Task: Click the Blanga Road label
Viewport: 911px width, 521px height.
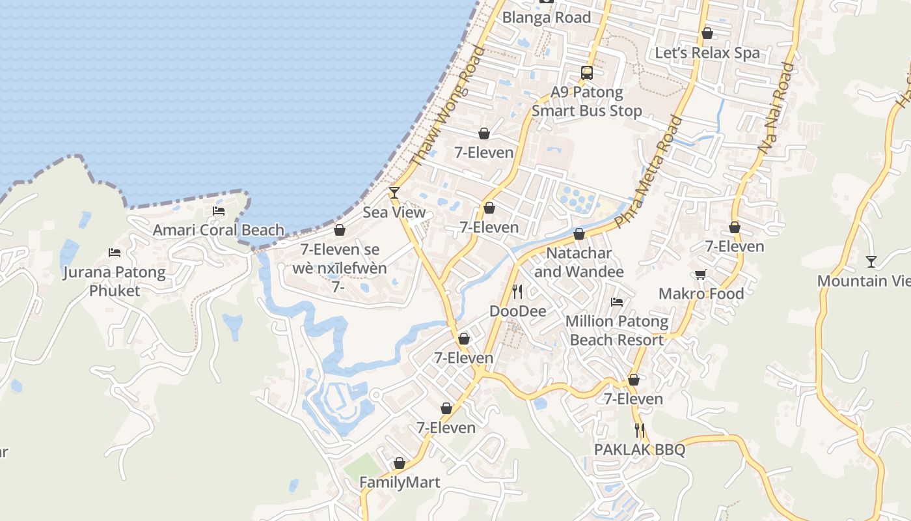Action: click(547, 18)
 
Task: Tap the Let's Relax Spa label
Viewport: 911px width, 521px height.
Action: click(707, 53)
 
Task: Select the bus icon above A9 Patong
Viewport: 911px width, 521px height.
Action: click(587, 72)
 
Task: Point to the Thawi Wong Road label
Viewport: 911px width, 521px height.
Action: click(448, 106)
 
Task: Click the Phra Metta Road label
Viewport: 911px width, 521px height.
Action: click(649, 172)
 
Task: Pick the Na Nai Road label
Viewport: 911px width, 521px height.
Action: click(777, 108)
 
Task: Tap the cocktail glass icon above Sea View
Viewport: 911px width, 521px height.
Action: click(394, 192)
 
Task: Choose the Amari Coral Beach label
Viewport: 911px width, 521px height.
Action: click(219, 230)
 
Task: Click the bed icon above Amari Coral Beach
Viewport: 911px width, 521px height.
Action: click(219, 210)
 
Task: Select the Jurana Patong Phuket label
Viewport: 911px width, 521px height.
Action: click(115, 281)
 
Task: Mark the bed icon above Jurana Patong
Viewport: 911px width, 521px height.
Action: click(115, 252)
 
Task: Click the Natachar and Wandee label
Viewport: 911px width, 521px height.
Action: click(579, 262)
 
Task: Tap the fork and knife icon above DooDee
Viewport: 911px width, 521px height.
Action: click(517, 291)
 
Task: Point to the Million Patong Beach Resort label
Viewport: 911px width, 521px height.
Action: click(616, 330)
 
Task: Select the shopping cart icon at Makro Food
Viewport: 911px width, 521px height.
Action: click(701, 274)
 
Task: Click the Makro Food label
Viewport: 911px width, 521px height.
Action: click(701, 294)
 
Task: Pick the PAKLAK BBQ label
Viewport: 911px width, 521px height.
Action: click(640, 450)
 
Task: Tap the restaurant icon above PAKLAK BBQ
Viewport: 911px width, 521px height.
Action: click(640, 430)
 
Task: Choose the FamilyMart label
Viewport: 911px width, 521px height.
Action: click(400, 483)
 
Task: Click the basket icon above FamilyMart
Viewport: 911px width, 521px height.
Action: click(400, 463)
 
